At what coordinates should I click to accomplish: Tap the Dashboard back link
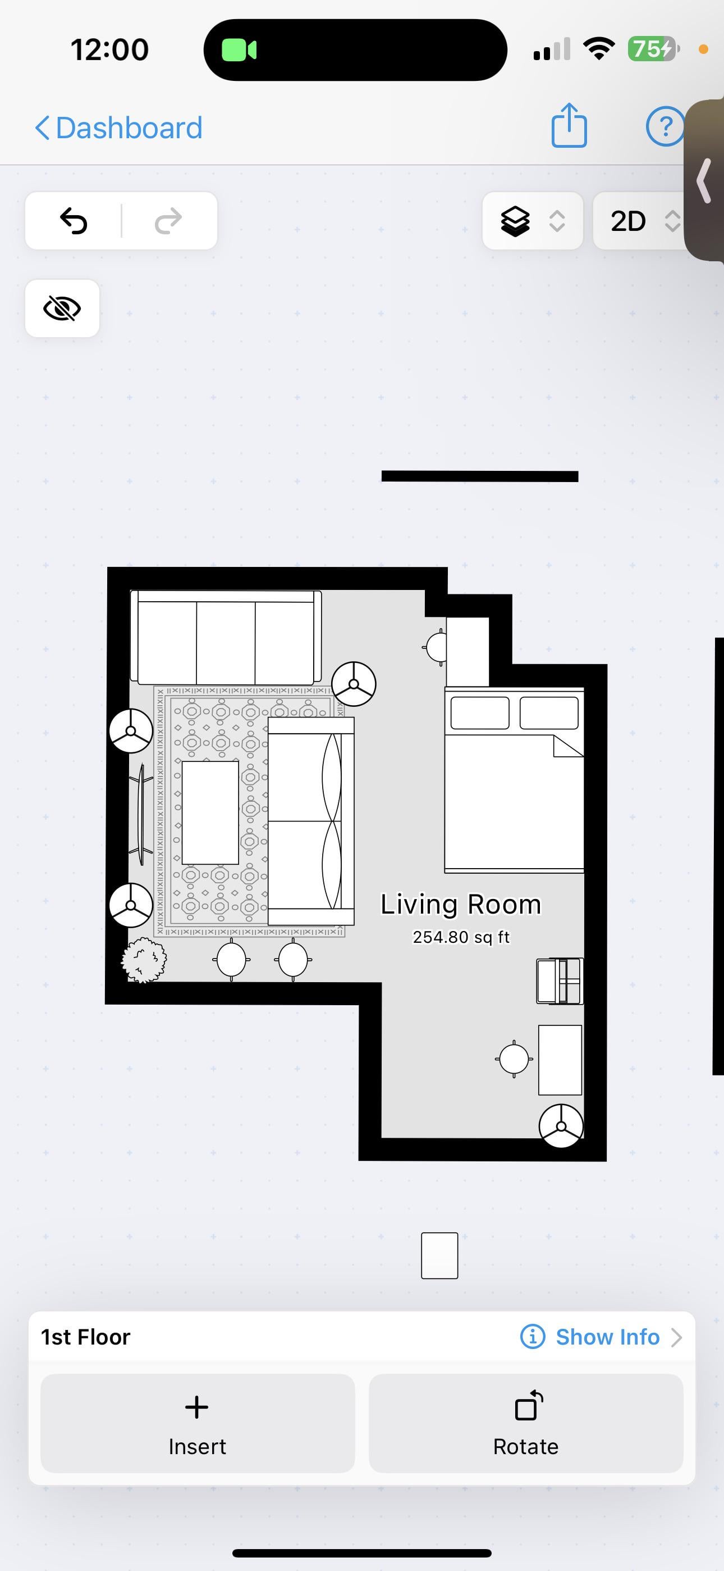118,128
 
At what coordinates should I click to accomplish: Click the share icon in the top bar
569,126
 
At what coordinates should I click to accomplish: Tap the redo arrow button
168,221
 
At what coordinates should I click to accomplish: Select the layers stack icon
515,221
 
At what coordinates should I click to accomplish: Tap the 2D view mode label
627,221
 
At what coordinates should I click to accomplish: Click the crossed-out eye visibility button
62,308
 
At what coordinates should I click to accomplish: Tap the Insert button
198,1423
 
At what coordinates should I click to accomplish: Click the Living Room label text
461,905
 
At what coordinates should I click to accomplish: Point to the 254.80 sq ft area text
461,937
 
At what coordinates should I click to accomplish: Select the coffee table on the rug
210,812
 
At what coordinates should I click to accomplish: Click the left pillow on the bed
480,713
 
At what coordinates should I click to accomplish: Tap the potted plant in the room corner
144,960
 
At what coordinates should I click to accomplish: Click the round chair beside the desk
514,1059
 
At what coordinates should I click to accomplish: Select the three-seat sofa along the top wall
226,637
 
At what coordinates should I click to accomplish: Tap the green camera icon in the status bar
239,50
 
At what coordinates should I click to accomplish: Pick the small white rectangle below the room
439,1255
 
